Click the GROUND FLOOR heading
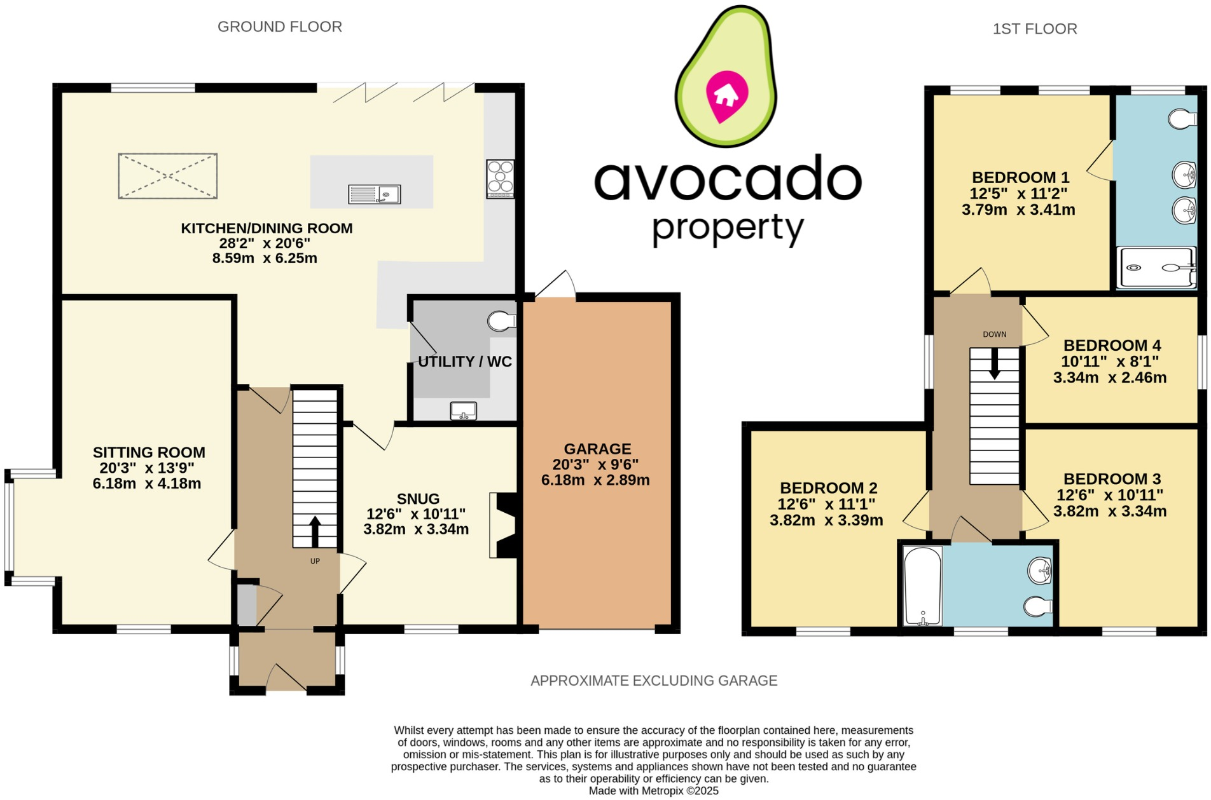tap(279, 27)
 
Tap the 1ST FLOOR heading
tap(1034, 29)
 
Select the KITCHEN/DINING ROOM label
tap(266, 229)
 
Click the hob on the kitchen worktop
tap(500, 179)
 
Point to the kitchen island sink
tap(375, 194)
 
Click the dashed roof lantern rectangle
tap(168, 176)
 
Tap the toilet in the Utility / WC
tap(501, 322)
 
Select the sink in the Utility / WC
tap(463, 411)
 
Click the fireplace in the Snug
tap(505, 525)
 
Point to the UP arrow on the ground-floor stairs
tap(315, 532)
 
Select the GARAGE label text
tap(597, 449)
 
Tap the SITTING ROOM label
tap(149, 452)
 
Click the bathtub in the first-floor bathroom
tap(922, 586)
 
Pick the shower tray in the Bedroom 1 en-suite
tap(1156, 268)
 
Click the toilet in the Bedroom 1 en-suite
tap(1183, 119)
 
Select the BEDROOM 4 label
tap(1112, 346)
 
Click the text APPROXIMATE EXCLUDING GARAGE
tap(654, 681)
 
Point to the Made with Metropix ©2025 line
tap(653, 791)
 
